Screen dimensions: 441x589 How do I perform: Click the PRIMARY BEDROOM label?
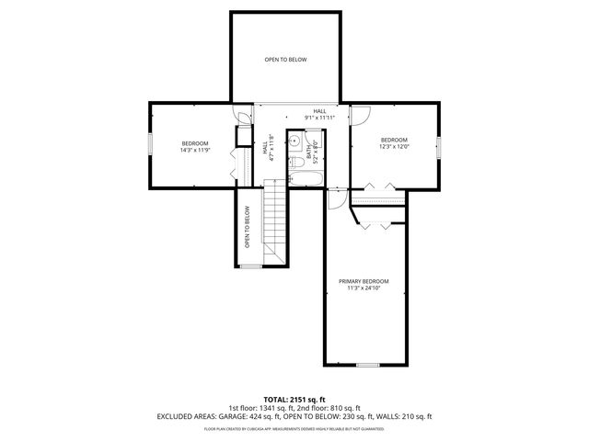click(x=364, y=281)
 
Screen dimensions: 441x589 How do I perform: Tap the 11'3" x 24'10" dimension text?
click(x=364, y=288)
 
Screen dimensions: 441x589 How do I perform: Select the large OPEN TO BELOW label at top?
click(x=285, y=60)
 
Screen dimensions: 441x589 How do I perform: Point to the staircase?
click(x=276, y=220)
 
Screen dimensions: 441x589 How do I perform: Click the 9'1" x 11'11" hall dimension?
click(x=319, y=118)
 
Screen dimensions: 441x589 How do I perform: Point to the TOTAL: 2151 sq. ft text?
click(x=294, y=398)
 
